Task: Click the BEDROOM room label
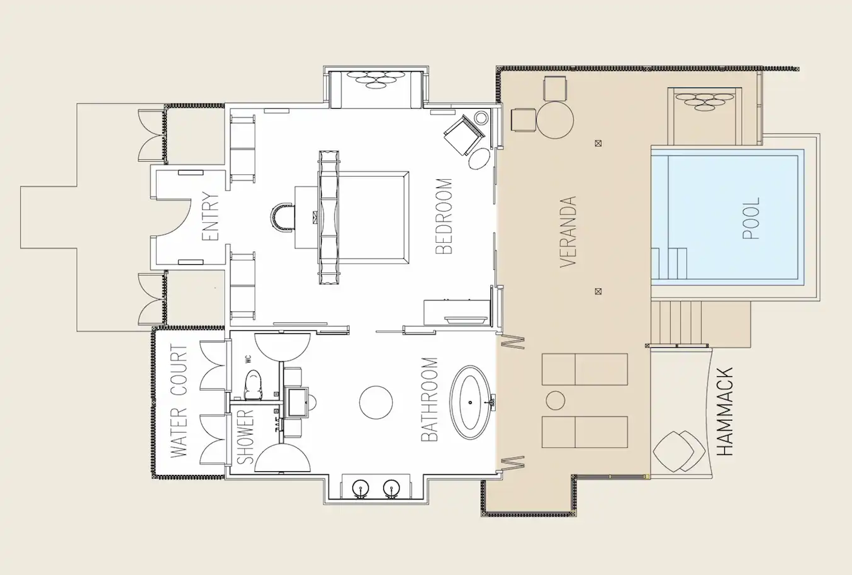444,216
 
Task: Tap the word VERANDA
568,232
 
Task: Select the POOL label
751,218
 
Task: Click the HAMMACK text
725,412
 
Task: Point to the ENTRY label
210,217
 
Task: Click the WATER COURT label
179,401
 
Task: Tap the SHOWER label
245,436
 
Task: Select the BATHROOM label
429,399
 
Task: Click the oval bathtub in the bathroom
473,402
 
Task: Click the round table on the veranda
555,120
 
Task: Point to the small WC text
248,359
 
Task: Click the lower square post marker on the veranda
598,291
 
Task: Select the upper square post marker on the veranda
598,143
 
